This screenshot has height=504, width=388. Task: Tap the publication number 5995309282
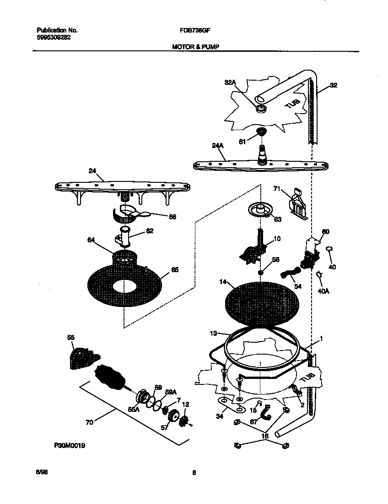click(x=54, y=38)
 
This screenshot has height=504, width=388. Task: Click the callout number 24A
click(x=217, y=146)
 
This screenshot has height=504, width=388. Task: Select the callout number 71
click(x=276, y=188)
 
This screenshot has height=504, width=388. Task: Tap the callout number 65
click(x=174, y=270)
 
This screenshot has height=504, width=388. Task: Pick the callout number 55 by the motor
click(x=71, y=337)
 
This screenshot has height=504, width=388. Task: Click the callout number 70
click(x=89, y=422)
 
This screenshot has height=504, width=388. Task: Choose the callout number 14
click(x=223, y=283)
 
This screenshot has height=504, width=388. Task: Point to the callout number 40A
click(x=323, y=290)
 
